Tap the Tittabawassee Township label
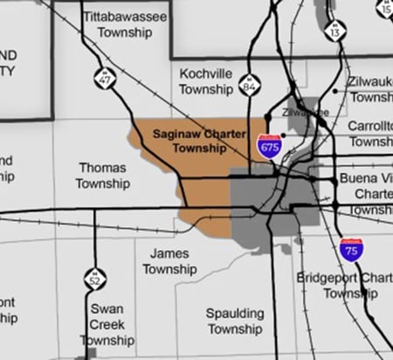click(120, 24)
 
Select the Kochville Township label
click(205, 80)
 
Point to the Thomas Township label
click(102, 175)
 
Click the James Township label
click(169, 261)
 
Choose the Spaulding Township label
click(234, 321)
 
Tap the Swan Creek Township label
click(107, 324)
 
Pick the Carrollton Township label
click(370, 134)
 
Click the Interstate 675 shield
click(269, 147)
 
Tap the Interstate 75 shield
click(351, 250)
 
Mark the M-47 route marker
click(106, 77)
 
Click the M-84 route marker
click(250, 86)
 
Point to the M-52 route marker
click(95, 280)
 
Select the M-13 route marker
click(334, 31)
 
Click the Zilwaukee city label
click(304, 114)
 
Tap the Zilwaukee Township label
click(369, 89)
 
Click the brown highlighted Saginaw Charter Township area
click(205, 188)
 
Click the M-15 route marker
click(385, 7)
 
